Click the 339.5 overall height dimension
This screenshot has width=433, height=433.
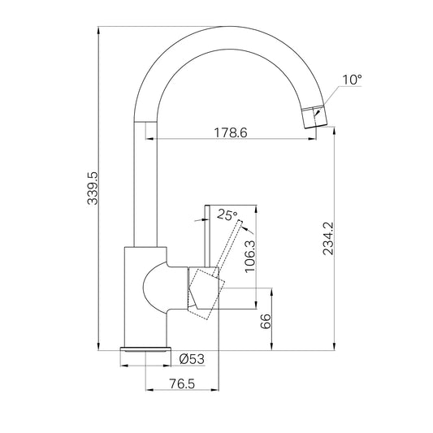coord(93,188)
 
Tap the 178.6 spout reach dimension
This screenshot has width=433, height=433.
coord(231,133)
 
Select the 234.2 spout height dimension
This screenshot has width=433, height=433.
coord(329,239)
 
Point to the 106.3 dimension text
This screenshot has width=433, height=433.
coord(250,256)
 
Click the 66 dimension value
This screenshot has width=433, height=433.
coord(266,321)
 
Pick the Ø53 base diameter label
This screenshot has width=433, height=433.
coord(192,359)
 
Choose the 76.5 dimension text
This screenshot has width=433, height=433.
coord(182,383)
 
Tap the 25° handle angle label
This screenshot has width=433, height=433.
coord(227,214)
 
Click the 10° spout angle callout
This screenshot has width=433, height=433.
coord(352,80)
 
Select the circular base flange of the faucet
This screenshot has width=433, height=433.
coord(145,349)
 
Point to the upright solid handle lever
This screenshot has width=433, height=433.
coord(207,236)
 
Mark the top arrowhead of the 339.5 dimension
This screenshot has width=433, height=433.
coord(98,31)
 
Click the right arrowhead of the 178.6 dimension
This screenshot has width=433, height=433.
coord(312,139)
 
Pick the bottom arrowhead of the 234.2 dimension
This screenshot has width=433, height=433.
coord(335,346)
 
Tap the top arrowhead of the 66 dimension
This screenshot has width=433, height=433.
coord(272,292)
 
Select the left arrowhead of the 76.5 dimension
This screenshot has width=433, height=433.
coord(149,390)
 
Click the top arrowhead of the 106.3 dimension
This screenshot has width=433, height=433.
coord(257,210)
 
